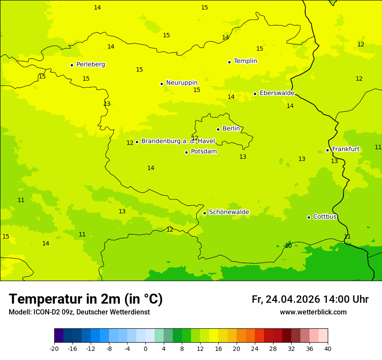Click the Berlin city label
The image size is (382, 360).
tap(231, 129)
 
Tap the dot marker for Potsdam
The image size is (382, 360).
tap(186, 152)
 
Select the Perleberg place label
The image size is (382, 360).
tap(90, 65)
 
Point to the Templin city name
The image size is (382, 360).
tap(245, 61)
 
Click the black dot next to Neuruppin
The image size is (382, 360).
tap(161, 84)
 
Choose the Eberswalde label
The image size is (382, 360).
tap(277, 93)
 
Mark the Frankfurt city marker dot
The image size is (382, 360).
tap(327, 150)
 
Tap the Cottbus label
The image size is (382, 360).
tap(325, 216)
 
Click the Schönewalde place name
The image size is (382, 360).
tap(229, 212)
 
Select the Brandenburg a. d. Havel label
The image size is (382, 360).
tap(178, 141)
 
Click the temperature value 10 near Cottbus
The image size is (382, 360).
tap(288, 245)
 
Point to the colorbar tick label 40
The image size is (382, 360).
tap(327, 348)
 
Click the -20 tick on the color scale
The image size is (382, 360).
tap(54, 348)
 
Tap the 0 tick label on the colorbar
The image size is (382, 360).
tap(145, 348)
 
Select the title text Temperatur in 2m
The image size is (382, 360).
tap(86, 299)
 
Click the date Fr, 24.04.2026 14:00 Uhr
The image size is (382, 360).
tap(310, 299)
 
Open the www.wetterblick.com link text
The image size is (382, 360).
tap(313, 312)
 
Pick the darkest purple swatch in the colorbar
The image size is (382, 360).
tap(59, 336)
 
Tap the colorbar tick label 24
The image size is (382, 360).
tap(254, 348)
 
